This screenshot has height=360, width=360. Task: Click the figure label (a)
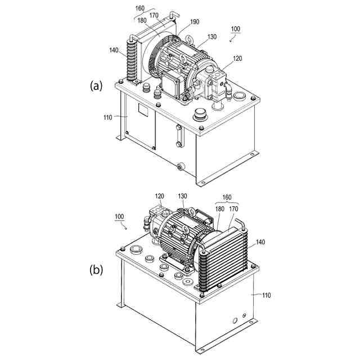pyautogui.click(x=96, y=85)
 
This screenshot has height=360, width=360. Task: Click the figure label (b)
pyautogui.click(x=97, y=269)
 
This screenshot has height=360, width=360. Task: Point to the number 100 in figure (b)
pyautogui.click(x=119, y=217)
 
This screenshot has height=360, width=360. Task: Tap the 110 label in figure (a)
pyautogui.click(x=106, y=117)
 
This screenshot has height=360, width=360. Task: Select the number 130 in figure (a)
pyautogui.click(x=211, y=37)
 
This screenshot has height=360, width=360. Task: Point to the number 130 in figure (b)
pyautogui.click(x=182, y=196)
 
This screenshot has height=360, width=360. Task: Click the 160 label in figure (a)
pyautogui.click(x=141, y=8)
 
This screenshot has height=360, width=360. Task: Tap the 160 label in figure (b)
pyautogui.click(x=227, y=197)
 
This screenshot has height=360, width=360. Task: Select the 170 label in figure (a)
pyautogui.click(x=154, y=16)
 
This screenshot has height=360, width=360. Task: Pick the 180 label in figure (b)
pyautogui.click(x=219, y=208)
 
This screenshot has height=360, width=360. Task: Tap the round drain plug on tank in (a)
pyautogui.click(x=181, y=166)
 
